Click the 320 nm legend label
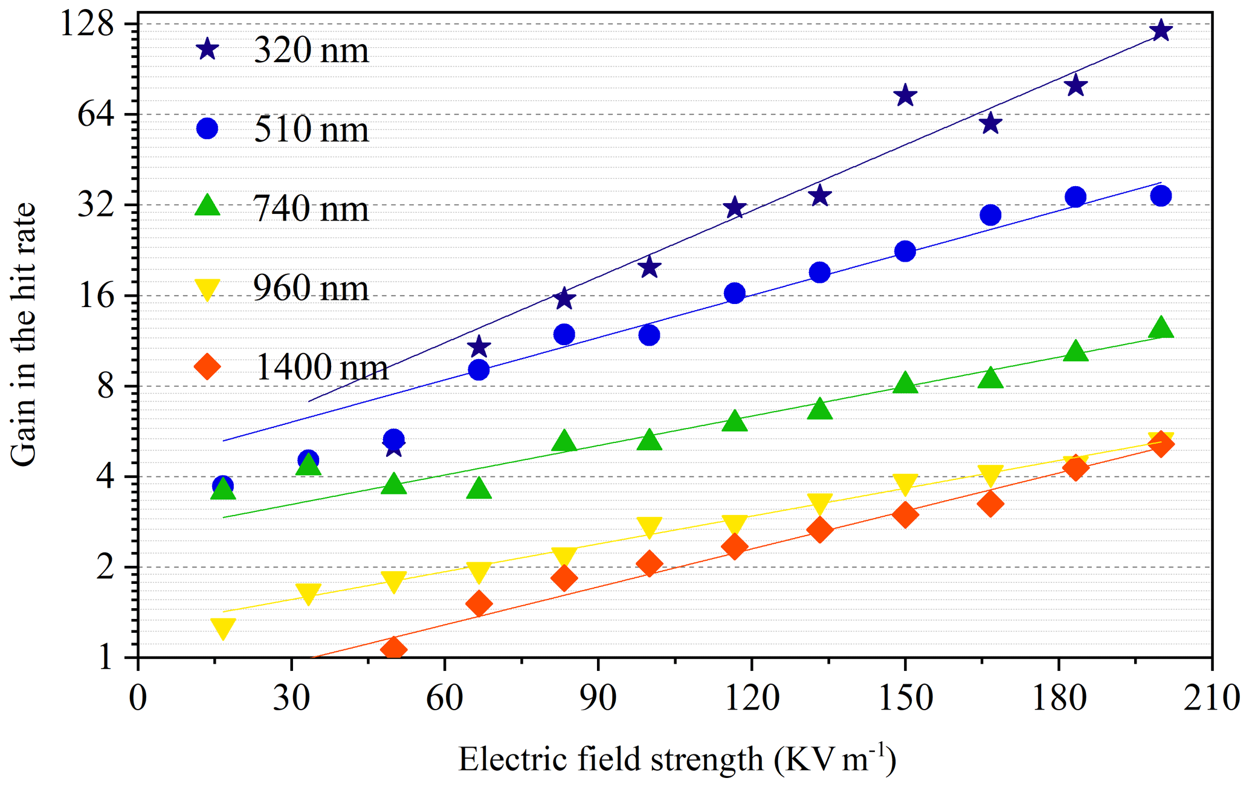tap(311, 50)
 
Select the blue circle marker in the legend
tap(207, 128)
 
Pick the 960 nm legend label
tap(311, 288)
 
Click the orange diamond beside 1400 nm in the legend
tap(207, 366)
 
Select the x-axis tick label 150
tap(905, 699)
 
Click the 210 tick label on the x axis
tap(1211, 699)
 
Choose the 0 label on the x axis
tap(138, 699)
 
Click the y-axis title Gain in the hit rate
tap(24, 334)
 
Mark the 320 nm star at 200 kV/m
tap(1161, 30)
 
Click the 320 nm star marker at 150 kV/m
tap(905, 95)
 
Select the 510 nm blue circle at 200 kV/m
tap(1161, 196)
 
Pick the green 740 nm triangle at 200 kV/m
tap(1161, 328)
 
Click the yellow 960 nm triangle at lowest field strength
tap(223, 629)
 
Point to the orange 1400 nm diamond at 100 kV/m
tap(649, 563)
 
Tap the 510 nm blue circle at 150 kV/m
tap(905, 251)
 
